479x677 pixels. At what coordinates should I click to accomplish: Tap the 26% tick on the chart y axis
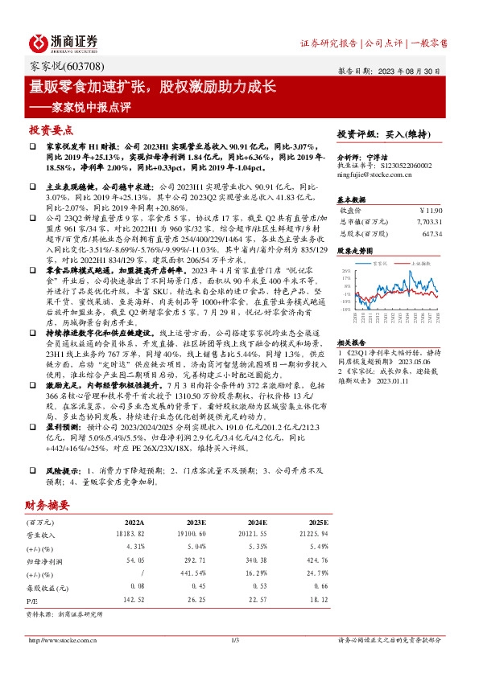click(345, 272)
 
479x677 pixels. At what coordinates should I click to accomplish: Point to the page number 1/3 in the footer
click(236, 640)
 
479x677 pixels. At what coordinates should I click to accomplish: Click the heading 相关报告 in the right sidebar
click(352, 341)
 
